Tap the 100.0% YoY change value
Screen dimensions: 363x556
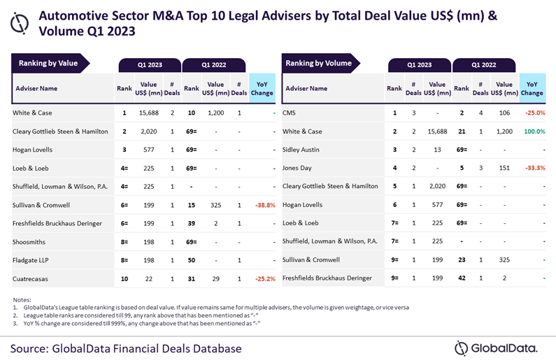(x=532, y=131)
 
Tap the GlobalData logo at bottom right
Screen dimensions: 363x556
(x=496, y=348)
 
